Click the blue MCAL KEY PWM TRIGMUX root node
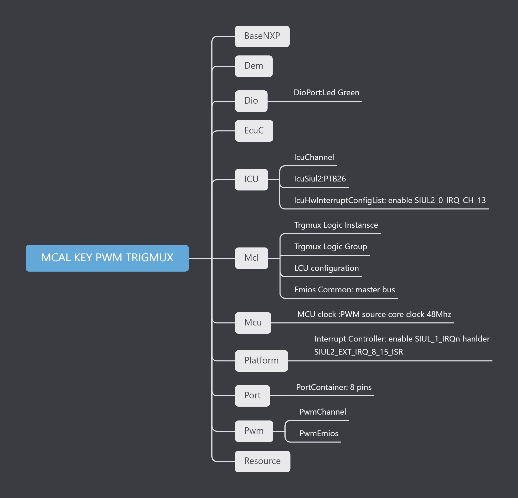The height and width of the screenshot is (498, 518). (x=107, y=258)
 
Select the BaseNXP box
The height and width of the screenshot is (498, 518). (x=262, y=36)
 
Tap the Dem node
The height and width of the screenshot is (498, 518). (x=253, y=66)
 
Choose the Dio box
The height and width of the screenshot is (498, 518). (x=251, y=101)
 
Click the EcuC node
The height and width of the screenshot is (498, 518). (x=254, y=131)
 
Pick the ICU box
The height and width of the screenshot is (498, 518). (x=251, y=179)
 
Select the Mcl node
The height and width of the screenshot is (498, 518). (x=251, y=258)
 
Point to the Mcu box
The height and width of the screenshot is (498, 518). (x=253, y=323)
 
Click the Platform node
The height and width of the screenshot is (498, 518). (x=261, y=360)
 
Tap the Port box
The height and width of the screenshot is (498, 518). (x=252, y=395)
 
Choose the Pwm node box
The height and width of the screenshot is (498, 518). (x=254, y=431)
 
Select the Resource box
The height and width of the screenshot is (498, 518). (x=262, y=461)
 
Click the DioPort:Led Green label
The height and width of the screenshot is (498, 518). (x=326, y=93)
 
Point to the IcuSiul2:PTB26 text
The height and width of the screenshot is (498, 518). (x=320, y=179)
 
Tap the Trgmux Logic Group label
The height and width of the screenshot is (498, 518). (x=331, y=247)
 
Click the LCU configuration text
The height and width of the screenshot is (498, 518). (x=326, y=268)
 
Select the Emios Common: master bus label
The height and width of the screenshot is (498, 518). (x=344, y=290)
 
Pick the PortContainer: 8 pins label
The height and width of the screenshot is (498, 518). (x=334, y=387)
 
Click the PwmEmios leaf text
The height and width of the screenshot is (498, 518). (x=319, y=433)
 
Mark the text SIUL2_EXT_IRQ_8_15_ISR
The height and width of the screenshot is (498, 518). (x=358, y=352)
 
